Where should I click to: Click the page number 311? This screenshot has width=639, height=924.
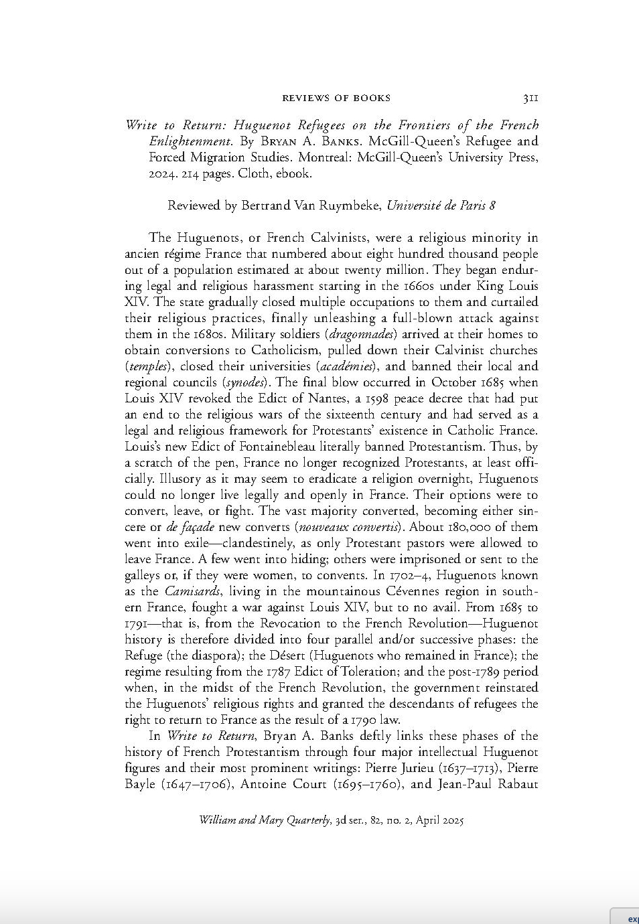tap(530, 98)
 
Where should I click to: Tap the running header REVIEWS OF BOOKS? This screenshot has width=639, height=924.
tap(336, 98)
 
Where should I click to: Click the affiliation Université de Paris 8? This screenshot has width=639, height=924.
tap(441, 206)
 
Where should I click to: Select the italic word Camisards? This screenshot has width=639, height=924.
tap(193, 591)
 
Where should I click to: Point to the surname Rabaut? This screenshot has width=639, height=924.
tap(518, 784)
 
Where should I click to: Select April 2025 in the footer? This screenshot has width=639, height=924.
tap(439, 820)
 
